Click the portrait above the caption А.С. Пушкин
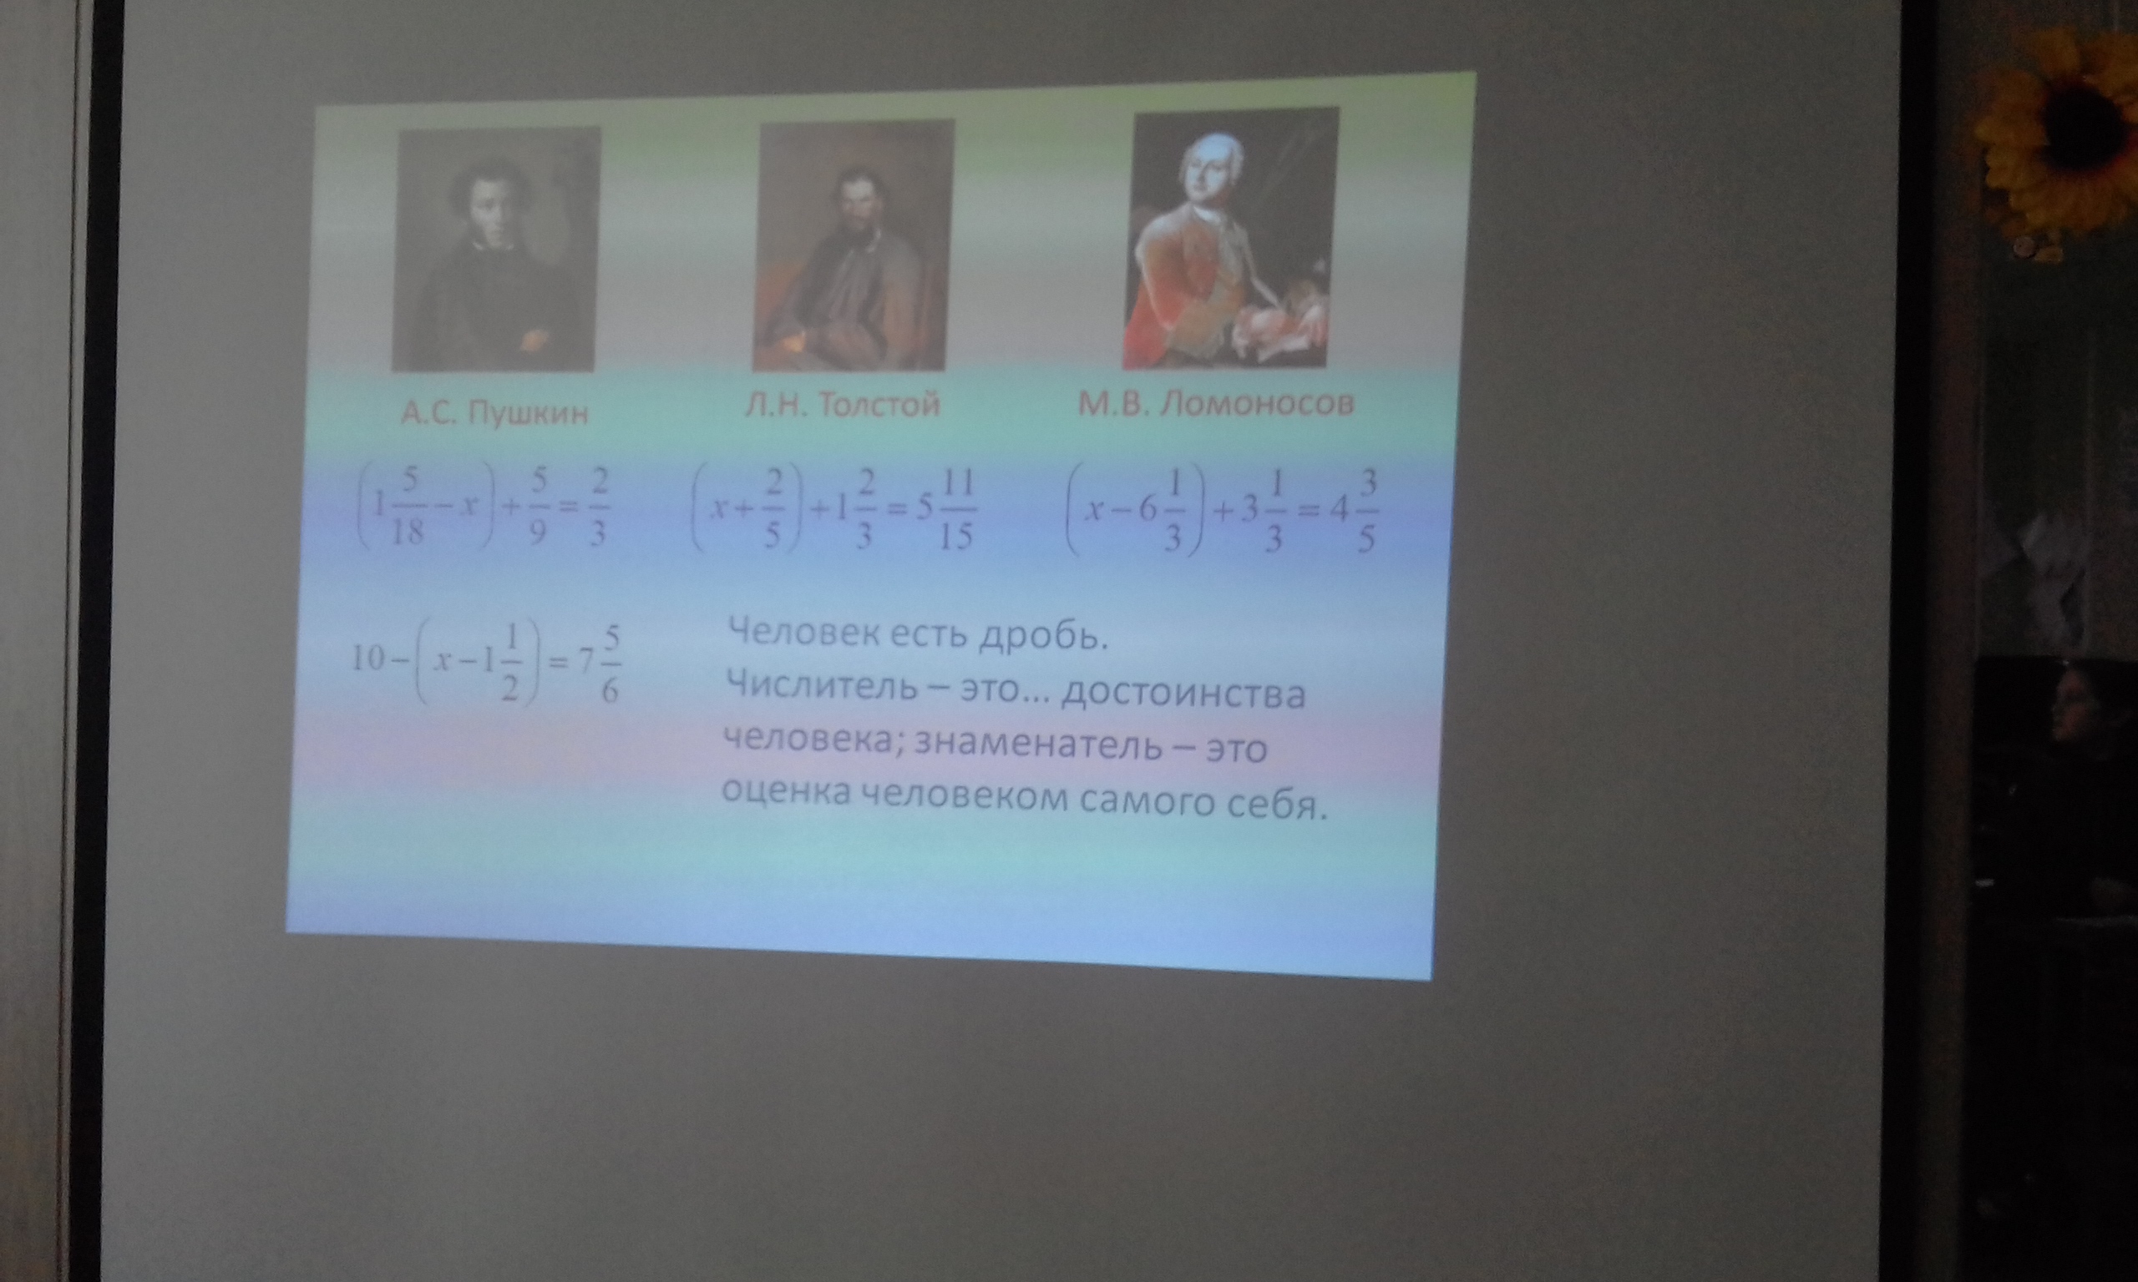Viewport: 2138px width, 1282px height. point(495,249)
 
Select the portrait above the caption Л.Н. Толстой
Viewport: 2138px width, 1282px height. point(854,245)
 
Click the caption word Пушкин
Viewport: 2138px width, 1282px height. point(528,414)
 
